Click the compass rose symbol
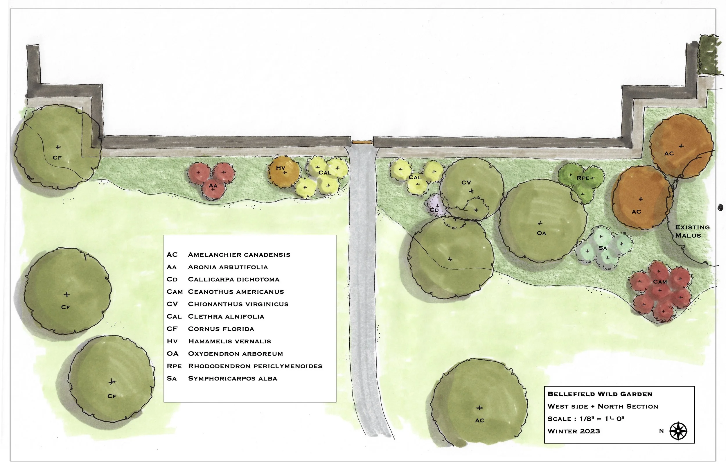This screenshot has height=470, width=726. click(x=678, y=431)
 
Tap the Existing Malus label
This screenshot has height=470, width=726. click(x=692, y=231)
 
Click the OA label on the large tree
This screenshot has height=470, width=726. click(x=541, y=233)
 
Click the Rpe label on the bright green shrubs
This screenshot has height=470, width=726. click(x=583, y=178)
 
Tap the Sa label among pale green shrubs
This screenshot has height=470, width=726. click(x=603, y=248)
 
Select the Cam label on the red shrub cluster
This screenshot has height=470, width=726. click(x=660, y=282)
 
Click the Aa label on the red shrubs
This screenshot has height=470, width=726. click(x=213, y=186)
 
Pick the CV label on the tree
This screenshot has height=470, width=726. click(x=466, y=182)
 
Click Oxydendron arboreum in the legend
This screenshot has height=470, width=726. click(x=236, y=354)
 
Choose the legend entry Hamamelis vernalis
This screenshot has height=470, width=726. click(x=229, y=341)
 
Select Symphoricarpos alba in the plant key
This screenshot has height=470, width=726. click(x=232, y=378)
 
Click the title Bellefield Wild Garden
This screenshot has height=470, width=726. click(x=600, y=394)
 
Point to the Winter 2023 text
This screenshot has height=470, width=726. click(x=574, y=431)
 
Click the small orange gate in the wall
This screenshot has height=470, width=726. click(x=362, y=142)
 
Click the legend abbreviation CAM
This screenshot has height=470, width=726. click(x=175, y=292)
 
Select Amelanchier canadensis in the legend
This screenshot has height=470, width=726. click(x=239, y=254)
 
